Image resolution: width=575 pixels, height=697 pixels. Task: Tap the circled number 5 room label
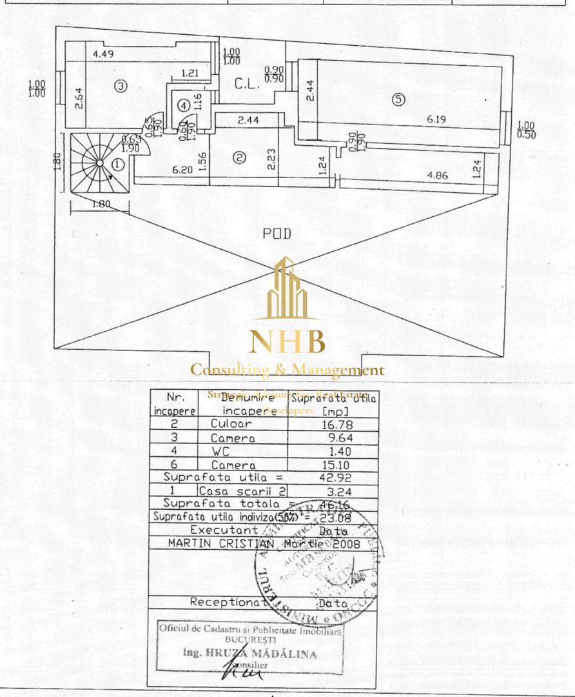pyautogui.click(x=398, y=99)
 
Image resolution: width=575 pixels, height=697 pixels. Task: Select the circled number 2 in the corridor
pyautogui.click(x=239, y=157)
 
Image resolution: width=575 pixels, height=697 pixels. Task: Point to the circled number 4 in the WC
pyautogui.click(x=184, y=105)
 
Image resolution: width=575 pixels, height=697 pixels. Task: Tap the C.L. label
pyautogui.click(x=247, y=83)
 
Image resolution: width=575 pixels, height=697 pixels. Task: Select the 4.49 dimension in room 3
pyautogui.click(x=103, y=54)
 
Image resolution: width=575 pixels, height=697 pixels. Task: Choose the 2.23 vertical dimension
pyautogui.click(x=271, y=158)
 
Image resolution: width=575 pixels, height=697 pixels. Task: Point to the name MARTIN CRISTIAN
pyautogui.click(x=221, y=543)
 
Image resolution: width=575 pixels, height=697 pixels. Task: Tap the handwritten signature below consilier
pyautogui.click(x=241, y=672)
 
